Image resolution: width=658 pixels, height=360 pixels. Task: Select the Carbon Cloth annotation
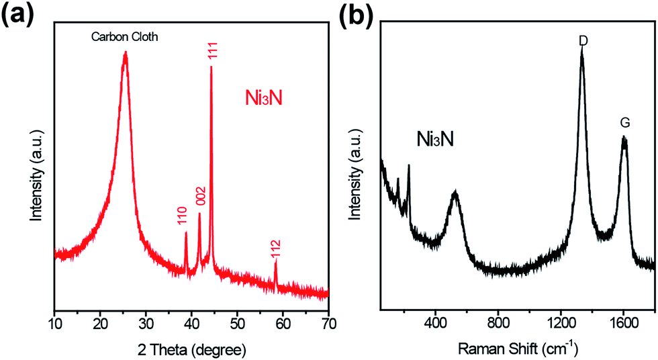tap(125, 38)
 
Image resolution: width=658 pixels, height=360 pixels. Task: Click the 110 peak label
tap(182, 216)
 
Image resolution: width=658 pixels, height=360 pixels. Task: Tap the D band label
tap(582, 41)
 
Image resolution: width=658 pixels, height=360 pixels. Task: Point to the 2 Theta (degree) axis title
tap(191, 350)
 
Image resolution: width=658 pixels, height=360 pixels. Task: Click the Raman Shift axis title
tap(518, 349)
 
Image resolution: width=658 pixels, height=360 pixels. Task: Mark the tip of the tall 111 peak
tap(211, 67)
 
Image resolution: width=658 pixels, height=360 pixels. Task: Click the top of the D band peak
tap(582, 52)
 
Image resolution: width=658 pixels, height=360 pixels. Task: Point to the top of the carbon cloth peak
tap(125, 54)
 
